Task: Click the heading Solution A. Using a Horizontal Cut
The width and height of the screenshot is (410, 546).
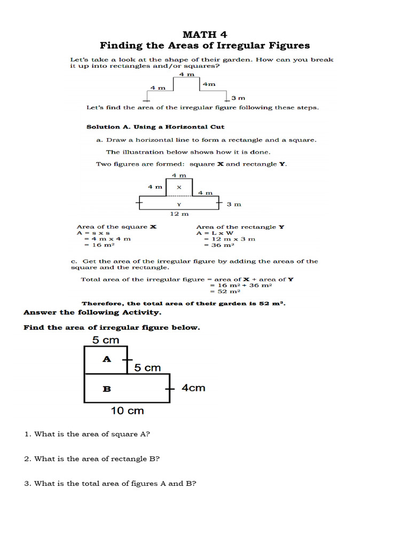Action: click(x=155, y=127)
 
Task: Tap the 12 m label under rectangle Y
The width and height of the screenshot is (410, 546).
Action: click(x=179, y=214)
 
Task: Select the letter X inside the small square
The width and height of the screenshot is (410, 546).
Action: click(x=179, y=187)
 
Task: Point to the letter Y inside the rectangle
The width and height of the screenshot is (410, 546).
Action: click(x=179, y=204)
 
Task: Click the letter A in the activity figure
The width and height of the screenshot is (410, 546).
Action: click(x=107, y=359)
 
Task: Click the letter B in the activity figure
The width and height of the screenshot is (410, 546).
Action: click(x=107, y=389)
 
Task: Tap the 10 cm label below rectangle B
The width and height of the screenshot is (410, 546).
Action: click(x=127, y=411)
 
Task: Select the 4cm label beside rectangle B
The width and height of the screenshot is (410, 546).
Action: click(x=193, y=388)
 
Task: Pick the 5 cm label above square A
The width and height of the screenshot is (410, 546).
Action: click(x=106, y=340)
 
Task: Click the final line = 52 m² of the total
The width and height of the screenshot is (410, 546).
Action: click(x=225, y=292)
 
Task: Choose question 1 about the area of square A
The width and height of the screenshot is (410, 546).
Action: click(x=87, y=434)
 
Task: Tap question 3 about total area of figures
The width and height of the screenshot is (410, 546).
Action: click(x=110, y=484)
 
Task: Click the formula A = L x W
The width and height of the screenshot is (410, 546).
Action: click(x=215, y=233)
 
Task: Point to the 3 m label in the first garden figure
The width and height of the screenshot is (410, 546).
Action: click(x=238, y=98)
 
